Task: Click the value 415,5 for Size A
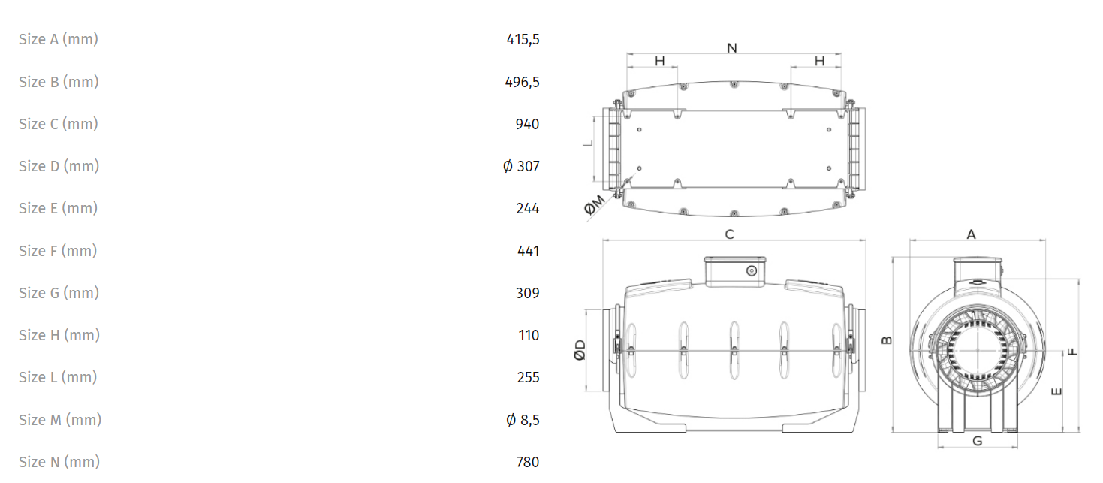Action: [x=523, y=39]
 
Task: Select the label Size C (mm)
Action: [x=59, y=124]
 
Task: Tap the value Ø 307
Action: [x=521, y=166]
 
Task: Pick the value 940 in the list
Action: [x=527, y=124]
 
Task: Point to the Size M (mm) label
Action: [x=60, y=420]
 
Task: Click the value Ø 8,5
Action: [x=523, y=420]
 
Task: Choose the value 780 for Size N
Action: [x=528, y=462]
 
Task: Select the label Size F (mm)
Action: [x=58, y=251]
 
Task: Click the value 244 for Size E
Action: [x=528, y=209]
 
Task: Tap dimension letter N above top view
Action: [x=732, y=48]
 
